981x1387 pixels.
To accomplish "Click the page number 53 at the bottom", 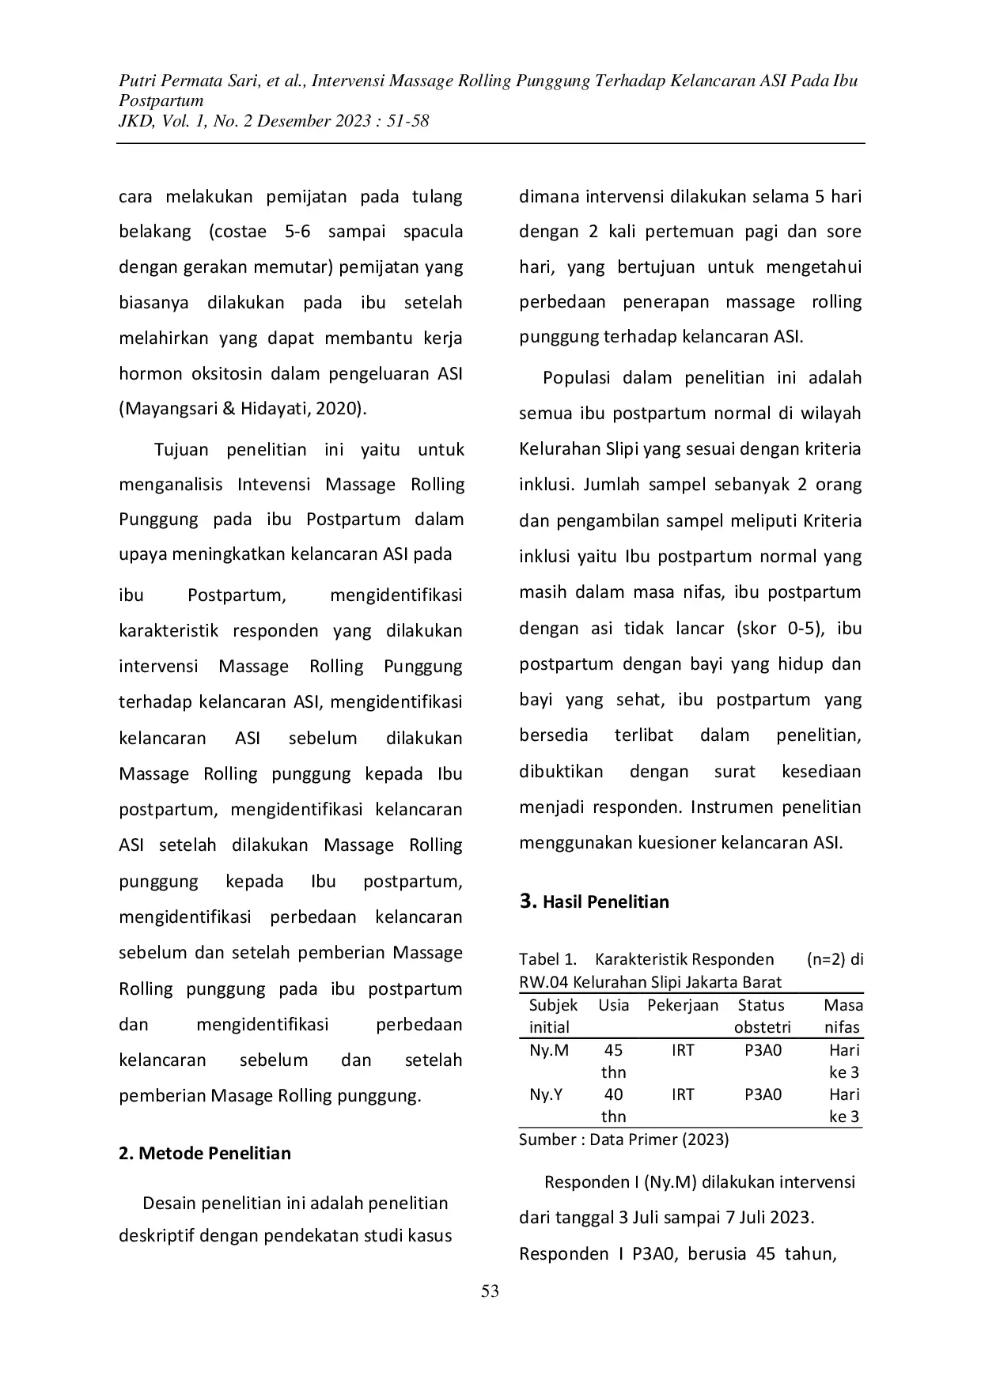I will click(490, 1292).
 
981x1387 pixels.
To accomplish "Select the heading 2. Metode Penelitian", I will click(205, 1153).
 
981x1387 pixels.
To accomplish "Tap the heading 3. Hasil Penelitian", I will click(594, 901).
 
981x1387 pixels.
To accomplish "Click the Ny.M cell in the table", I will click(549, 1050).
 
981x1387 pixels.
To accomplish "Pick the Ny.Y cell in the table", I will click(546, 1094).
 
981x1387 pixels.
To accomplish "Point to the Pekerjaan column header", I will click(683, 1005).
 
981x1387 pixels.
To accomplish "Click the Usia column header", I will click(614, 1005).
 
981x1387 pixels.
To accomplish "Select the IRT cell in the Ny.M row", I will click(683, 1050).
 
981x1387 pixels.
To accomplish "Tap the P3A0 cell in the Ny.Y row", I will click(763, 1094).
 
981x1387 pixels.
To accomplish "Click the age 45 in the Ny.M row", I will click(613, 1050).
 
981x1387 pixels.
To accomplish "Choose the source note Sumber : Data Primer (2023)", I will click(624, 1139).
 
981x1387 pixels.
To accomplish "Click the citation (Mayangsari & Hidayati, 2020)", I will click(243, 409).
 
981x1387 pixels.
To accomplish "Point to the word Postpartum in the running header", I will click(161, 100).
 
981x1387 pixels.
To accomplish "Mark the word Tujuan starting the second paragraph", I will click(182, 450).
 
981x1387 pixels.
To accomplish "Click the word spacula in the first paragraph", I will click(433, 232).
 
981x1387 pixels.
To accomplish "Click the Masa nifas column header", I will click(843, 1016).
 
